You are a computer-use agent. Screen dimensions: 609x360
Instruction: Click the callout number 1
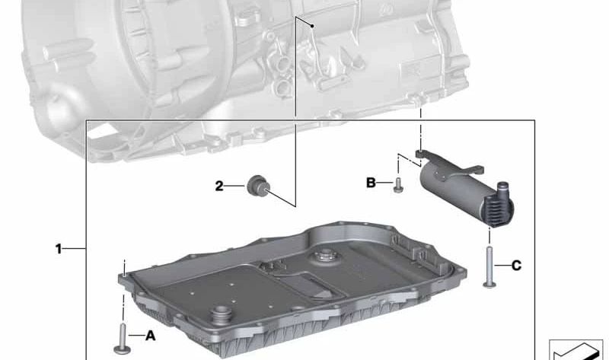pos(59,249)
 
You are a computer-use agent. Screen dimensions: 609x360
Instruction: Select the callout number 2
pos(219,186)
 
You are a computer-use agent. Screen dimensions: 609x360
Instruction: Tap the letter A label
pos(150,336)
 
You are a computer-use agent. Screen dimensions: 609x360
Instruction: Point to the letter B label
pos(371,183)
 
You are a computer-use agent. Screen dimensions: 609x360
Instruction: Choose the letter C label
pos(516,266)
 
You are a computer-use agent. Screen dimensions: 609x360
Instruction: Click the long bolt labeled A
pos(122,339)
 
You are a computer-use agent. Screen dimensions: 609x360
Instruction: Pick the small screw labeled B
pos(397,185)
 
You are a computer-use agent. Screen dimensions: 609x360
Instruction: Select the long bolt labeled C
pos(489,267)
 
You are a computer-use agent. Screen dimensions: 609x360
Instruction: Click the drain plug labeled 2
pos(259,186)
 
